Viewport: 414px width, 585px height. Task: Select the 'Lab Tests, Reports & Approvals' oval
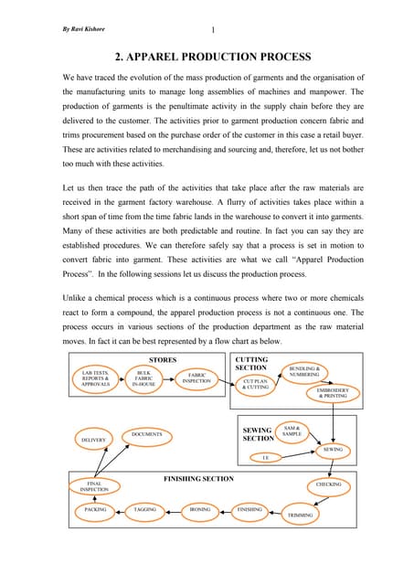(96, 378)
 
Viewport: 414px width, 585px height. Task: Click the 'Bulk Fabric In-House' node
(144, 378)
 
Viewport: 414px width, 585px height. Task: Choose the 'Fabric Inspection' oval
(196, 378)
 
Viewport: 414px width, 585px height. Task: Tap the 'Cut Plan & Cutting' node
(256, 385)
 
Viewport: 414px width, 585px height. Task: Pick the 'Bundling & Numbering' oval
(304, 372)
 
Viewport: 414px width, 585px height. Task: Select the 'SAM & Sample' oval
(292, 430)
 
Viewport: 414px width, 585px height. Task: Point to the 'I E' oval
(266, 456)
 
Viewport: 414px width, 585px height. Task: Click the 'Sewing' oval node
(333, 450)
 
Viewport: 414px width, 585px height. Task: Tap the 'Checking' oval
(329, 484)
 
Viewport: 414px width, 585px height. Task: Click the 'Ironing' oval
(200, 509)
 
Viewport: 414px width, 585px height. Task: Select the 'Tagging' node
(145, 509)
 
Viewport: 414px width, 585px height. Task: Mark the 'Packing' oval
(96, 509)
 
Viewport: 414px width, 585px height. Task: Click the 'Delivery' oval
(94, 440)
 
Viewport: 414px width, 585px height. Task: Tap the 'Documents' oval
(147, 433)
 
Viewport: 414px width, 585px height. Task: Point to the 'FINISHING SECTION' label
(198, 479)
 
